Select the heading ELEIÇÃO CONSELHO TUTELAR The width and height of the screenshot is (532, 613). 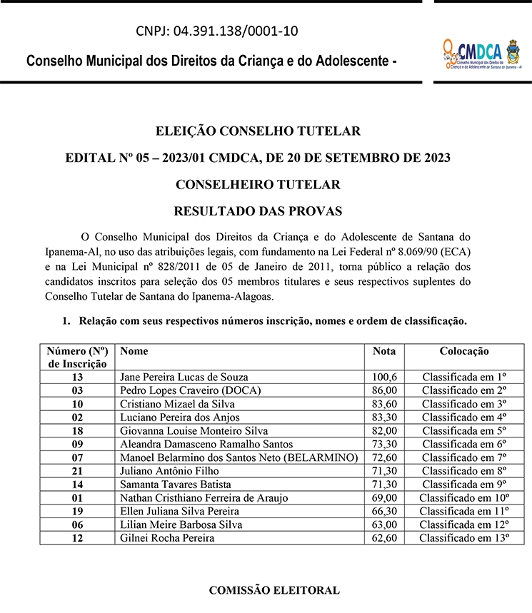[x=258, y=131]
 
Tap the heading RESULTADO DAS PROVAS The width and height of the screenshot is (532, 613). [x=258, y=211]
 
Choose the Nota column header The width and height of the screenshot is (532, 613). [x=384, y=351]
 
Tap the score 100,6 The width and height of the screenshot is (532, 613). [x=384, y=377]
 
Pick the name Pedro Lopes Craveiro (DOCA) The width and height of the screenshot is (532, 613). [x=191, y=390]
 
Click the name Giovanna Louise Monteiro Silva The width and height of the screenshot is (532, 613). [x=194, y=431]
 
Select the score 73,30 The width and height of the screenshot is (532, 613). [x=384, y=444]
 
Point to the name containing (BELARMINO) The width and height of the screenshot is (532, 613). [x=239, y=457]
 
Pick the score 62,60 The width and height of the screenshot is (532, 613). [x=384, y=538]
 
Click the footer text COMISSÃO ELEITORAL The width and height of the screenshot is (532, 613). [x=273, y=591]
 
